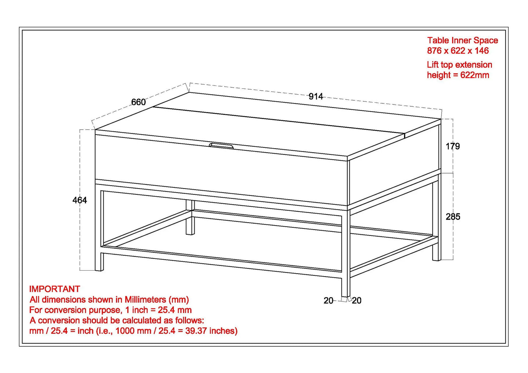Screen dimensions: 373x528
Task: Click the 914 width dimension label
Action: tap(316, 96)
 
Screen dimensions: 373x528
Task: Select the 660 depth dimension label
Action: tap(139, 102)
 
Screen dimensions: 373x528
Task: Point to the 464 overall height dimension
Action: tap(80, 200)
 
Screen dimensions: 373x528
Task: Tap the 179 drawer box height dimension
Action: tap(452, 146)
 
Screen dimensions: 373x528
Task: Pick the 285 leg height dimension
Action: tap(453, 217)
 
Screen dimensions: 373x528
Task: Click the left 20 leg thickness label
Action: tap(328, 301)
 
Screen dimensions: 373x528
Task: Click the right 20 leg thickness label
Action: tap(356, 301)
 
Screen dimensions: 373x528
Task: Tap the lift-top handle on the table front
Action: tap(221, 146)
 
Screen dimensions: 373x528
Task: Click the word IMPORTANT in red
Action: tap(55, 289)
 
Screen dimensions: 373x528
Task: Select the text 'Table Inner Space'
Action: tap(462, 40)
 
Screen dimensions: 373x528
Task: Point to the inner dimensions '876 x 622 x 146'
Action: tap(458, 51)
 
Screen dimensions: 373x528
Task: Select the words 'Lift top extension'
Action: tap(459, 65)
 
